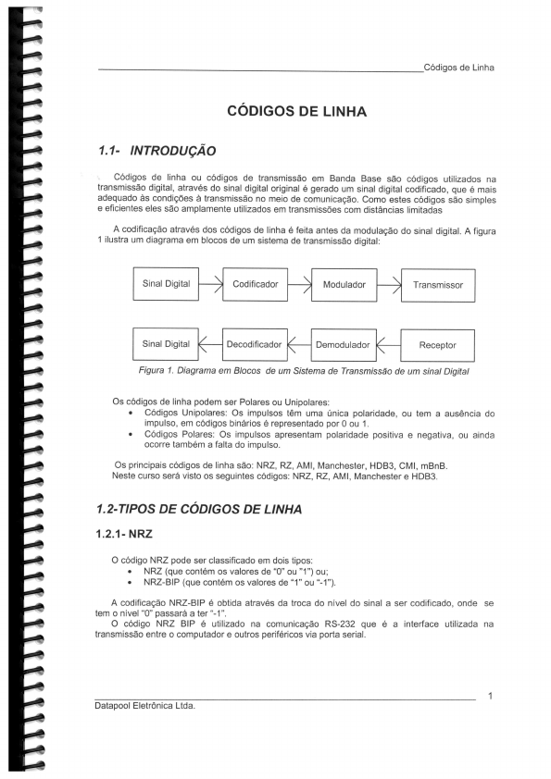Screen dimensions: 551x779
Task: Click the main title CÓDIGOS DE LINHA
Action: (296, 112)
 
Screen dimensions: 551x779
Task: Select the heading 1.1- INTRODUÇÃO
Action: (157, 149)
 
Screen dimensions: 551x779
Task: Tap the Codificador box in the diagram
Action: (255, 284)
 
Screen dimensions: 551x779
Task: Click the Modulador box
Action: (344, 285)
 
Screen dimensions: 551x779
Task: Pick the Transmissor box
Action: (438, 286)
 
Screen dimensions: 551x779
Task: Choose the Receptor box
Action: (438, 345)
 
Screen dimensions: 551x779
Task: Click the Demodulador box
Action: (343, 344)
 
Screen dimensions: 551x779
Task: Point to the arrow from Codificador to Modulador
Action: (299, 284)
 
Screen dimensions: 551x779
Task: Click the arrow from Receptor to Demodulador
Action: (388, 345)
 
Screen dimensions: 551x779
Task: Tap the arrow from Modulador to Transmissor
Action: (388, 285)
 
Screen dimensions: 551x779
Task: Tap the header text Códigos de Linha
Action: (457, 68)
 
